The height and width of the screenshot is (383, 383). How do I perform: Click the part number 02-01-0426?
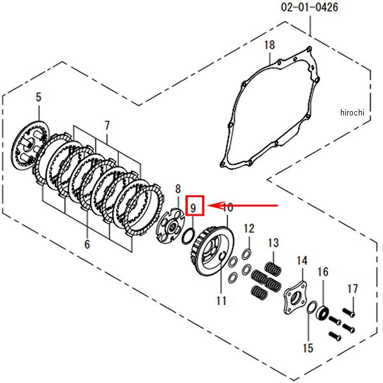(x=310, y=7)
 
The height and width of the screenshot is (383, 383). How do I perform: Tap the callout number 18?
(x=269, y=45)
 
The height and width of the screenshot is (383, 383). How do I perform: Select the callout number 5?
(x=38, y=97)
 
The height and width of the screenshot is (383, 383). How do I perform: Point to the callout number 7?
(x=107, y=126)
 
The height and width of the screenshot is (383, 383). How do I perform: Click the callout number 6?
(x=87, y=244)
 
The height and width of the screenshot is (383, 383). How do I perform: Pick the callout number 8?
(x=178, y=189)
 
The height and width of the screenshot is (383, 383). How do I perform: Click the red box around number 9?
(x=195, y=206)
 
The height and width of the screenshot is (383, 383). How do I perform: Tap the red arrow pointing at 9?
(x=243, y=206)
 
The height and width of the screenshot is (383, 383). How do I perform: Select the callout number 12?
(x=249, y=229)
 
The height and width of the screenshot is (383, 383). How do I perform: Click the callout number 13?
(x=273, y=243)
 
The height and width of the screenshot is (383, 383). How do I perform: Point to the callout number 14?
(x=302, y=261)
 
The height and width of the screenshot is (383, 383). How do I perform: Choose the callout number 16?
(x=323, y=272)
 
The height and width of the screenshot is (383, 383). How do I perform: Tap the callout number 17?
(x=353, y=289)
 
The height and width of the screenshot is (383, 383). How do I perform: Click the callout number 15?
(x=308, y=348)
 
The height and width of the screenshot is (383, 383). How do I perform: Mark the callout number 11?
(x=222, y=301)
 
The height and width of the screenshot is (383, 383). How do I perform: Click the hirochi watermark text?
(x=352, y=112)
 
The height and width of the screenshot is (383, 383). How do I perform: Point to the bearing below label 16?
(x=322, y=313)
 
